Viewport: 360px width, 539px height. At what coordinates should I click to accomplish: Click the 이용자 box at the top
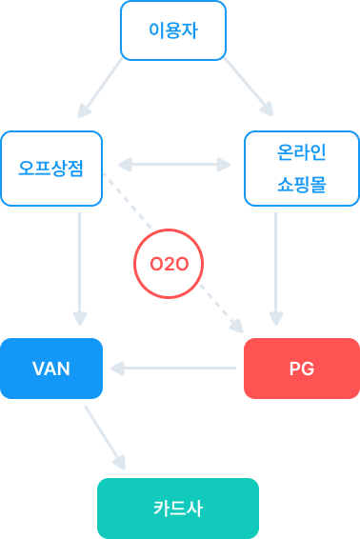coord(173,29)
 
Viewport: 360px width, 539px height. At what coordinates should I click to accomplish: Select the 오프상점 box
coord(51,169)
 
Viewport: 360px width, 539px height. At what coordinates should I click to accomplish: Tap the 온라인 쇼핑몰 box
coord(301,169)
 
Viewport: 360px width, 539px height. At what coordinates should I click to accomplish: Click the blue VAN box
coord(51,368)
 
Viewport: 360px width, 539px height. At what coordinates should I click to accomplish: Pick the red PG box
coord(301,368)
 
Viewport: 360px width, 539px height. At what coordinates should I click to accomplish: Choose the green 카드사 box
coord(178,508)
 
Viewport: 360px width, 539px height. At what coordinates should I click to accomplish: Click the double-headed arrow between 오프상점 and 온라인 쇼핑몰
coord(173,165)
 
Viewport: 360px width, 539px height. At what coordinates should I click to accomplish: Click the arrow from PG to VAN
coord(173,367)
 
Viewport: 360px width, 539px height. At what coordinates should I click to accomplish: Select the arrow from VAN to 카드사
coord(105,437)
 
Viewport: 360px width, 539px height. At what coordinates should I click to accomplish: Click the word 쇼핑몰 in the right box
coord(301,185)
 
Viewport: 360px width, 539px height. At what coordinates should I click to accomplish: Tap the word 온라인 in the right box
coord(301,152)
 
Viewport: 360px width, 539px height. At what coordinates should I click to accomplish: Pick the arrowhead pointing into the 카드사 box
coord(120,464)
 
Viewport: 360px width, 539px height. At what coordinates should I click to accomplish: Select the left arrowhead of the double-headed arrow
coord(122,165)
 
